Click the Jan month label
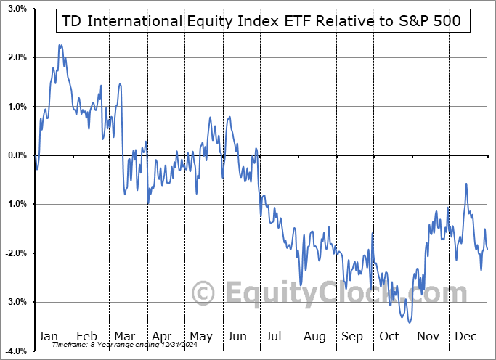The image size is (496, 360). point(48,337)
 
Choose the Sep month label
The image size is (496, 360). point(352,337)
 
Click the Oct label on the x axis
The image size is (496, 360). point(389,337)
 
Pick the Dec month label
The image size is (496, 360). point(466,337)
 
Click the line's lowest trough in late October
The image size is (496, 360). point(410,322)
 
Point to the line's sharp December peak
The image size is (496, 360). point(465,184)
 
